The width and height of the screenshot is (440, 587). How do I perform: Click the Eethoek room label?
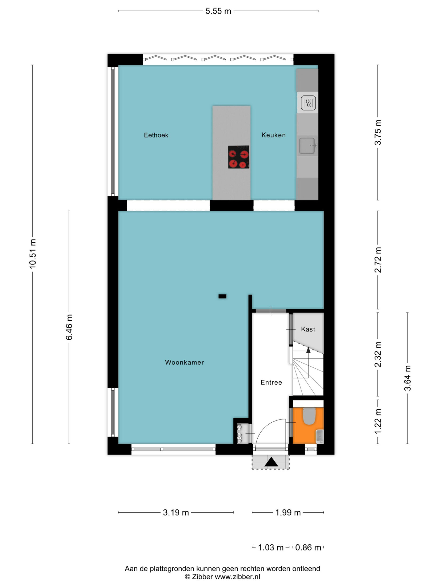(x=156, y=135)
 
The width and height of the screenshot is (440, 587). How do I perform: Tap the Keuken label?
(x=274, y=135)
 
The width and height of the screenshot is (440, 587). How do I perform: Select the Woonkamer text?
(x=185, y=362)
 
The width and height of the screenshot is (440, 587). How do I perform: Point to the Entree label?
(x=271, y=382)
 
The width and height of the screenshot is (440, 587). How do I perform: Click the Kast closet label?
(x=308, y=329)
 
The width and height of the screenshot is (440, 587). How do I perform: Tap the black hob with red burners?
(x=239, y=157)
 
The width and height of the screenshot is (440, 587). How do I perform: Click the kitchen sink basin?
(x=307, y=146)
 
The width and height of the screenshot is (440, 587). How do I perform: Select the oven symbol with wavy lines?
(x=309, y=103)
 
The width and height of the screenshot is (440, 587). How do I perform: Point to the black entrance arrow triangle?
(x=271, y=462)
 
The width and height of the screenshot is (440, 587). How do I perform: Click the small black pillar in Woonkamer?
(x=222, y=296)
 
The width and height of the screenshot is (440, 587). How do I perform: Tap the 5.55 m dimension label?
(x=218, y=11)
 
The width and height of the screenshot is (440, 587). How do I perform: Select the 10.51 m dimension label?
(x=33, y=253)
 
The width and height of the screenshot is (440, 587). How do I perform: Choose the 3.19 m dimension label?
(x=176, y=512)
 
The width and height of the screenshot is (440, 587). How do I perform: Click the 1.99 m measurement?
(x=288, y=512)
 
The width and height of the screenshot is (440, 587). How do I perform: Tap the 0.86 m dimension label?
(x=308, y=548)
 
